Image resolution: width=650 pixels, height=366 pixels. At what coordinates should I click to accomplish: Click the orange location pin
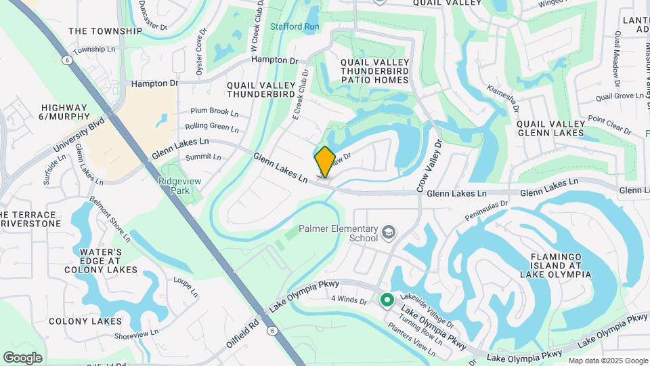pyautogui.click(x=325, y=162)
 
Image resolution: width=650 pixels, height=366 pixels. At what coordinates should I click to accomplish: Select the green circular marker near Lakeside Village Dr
pyautogui.click(x=387, y=299)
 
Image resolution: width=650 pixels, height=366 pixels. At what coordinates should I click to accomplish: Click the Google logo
pyautogui.click(x=22, y=357)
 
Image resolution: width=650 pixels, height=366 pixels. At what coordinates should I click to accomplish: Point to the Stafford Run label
pyautogui.click(x=295, y=26)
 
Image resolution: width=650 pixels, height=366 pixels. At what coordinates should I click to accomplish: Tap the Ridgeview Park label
pyautogui.click(x=176, y=186)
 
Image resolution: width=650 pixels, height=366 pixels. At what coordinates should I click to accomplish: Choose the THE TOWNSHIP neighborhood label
pyautogui.click(x=105, y=30)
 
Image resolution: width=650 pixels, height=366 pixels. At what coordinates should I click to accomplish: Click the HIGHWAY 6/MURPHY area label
pyautogui.click(x=64, y=113)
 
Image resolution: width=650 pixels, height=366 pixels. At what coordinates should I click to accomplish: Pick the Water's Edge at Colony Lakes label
pyautogui.click(x=101, y=261)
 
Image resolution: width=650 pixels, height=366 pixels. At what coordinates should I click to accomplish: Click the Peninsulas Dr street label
pyautogui.click(x=485, y=210)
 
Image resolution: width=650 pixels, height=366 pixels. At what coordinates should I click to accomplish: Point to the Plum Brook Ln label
pyautogui.click(x=214, y=112)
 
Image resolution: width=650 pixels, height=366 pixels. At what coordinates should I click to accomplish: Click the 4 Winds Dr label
pyautogui.click(x=348, y=299)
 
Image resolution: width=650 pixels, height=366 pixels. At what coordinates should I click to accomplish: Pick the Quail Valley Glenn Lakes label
pyautogui.click(x=550, y=128)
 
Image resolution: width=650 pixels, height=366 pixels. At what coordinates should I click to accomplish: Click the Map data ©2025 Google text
pyautogui.click(x=608, y=361)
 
